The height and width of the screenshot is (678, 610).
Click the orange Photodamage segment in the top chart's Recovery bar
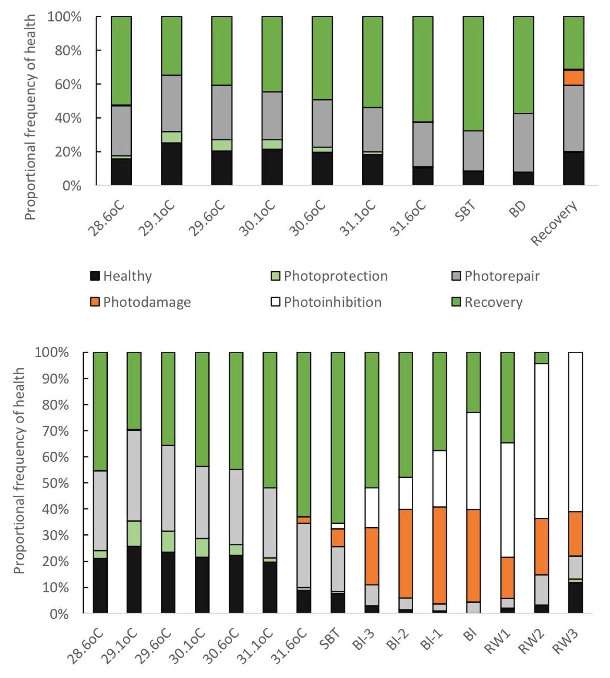pos(573,78)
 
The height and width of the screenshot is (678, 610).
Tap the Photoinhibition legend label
pos(332,302)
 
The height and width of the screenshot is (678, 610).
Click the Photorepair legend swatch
pos(456,276)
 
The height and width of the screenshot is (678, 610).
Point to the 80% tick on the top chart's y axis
pos(68,50)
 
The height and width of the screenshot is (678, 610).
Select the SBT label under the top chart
pos(466,211)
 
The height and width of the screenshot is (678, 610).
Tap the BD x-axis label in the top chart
pos(517,209)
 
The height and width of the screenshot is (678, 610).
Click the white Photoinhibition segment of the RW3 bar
pos(575,432)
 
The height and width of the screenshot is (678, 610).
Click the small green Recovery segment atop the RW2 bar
pos(541,358)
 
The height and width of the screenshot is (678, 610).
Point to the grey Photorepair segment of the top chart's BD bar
pos(523,143)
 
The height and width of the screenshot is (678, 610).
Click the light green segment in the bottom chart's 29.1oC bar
pos(134,534)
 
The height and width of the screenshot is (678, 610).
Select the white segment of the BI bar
pos(473,461)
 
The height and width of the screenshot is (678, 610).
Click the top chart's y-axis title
pos(30,117)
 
